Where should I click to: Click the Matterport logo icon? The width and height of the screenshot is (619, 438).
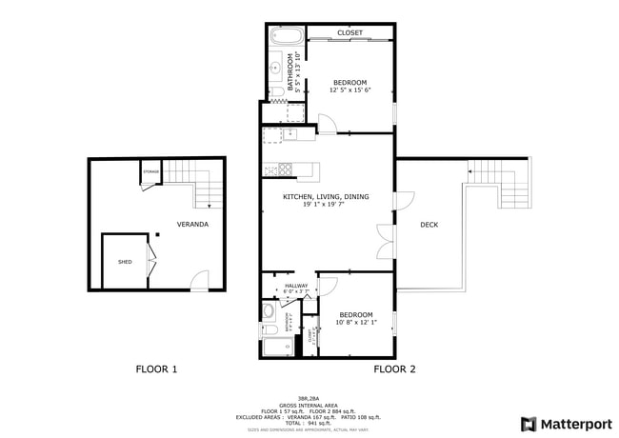pyautogui.click(x=528, y=424)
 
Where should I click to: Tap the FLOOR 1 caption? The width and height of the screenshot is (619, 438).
pyautogui.click(x=155, y=368)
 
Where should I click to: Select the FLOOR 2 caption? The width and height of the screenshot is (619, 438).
pyautogui.click(x=394, y=368)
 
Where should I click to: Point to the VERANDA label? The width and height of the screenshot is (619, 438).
pyautogui.click(x=192, y=225)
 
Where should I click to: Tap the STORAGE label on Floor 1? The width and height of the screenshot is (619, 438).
pyautogui.click(x=150, y=171)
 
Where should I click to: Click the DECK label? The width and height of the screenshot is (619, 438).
pyautogui.click(x=429, y=225)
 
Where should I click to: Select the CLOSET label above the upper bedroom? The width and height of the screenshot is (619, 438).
pyautogui.click(x=349, y=32)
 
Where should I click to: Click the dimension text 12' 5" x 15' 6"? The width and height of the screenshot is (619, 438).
pyautogui.click(x=349, y=90)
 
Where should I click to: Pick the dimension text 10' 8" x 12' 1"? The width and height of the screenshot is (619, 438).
pyautogui.click(x=356, y=322)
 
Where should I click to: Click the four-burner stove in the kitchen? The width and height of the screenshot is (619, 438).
pyautogui.click(x=278, y=169)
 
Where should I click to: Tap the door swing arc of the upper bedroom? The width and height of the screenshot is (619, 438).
pyautogui.click(x=327, y=123)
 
